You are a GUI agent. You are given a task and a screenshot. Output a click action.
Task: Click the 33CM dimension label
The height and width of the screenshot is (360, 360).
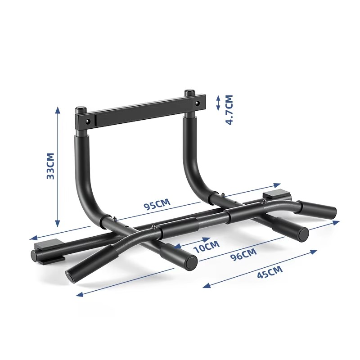[x=50, y=166]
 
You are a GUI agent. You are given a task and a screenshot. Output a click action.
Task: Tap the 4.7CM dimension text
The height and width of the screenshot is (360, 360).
[x=229, y=109]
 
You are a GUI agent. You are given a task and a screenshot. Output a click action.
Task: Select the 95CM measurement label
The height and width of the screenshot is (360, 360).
[x=157, y=205]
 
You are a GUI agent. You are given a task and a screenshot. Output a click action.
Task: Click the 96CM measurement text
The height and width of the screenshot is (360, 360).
[x=243, y=255]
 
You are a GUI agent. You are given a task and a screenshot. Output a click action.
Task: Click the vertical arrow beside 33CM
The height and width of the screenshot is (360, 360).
[x=57, y=166]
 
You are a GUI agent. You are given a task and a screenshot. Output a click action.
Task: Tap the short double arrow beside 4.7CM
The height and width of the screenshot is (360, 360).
[x=218, y=103]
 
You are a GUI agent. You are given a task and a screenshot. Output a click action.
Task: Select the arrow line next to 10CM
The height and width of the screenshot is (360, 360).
[x=193, y=242]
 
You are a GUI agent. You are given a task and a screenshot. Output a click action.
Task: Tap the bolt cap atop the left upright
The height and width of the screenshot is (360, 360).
[x=81, y=109]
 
